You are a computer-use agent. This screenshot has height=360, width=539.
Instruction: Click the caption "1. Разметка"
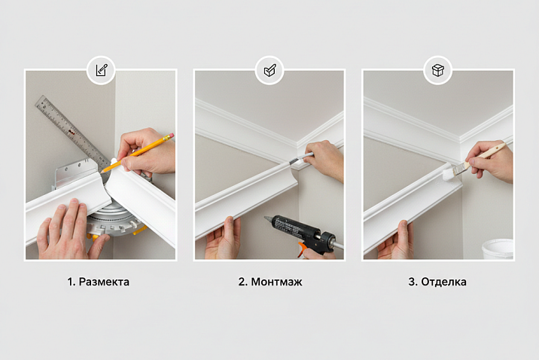coord(99,282)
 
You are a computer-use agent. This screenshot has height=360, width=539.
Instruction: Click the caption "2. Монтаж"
coord(270,282)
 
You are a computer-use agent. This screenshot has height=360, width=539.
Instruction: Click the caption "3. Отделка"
coord(437,282)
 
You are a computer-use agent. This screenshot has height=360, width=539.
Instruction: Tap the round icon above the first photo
coord(101,70)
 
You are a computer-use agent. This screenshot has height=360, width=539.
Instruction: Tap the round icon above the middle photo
coord(269,70)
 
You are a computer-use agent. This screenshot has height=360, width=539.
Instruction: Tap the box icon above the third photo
coord(438,70)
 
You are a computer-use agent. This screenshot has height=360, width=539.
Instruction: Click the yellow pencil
coord(137,153)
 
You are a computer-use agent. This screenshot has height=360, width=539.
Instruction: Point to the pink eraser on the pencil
coord(170,136)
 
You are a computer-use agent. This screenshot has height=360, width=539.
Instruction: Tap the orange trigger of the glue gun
coord(302,250)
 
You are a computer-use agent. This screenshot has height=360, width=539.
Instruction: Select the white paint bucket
coord(498,249)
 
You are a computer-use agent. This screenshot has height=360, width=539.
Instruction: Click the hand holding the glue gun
coord(319,255)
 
